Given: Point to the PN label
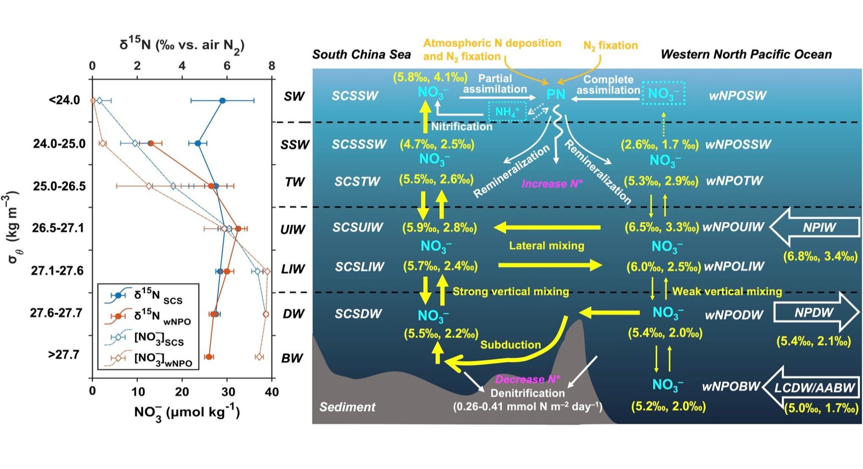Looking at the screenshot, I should pos(555,94).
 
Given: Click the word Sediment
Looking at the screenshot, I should pos(347,407).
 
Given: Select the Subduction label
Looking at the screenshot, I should pos(510,345).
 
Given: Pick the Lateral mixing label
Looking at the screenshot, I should pos(547,245).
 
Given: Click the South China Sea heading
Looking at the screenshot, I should pos(361,55).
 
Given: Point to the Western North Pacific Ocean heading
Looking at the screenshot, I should pos(746,54).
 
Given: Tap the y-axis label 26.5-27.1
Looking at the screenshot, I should pos(58,228).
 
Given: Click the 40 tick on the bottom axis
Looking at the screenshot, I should pos(272,392).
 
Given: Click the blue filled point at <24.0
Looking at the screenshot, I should pos(222,101).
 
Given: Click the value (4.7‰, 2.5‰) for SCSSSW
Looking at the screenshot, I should pos(437,144).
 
